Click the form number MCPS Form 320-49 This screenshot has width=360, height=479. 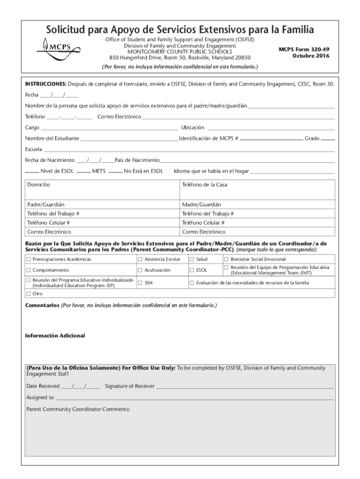304,49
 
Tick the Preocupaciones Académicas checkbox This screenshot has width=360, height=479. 29,259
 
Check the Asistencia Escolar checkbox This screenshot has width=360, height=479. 140,259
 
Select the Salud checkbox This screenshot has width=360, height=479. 192,259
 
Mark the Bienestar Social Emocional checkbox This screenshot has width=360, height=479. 226,259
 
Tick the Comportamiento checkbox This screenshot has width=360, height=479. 29,270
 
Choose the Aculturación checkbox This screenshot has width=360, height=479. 140,270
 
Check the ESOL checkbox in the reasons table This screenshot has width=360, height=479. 192,270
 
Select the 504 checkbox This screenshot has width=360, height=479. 140,283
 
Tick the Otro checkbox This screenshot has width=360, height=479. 29,294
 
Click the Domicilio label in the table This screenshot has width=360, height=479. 38,185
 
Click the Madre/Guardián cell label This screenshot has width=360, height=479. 202,204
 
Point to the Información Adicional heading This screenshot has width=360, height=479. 55,336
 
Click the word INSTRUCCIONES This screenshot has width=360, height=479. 45,84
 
